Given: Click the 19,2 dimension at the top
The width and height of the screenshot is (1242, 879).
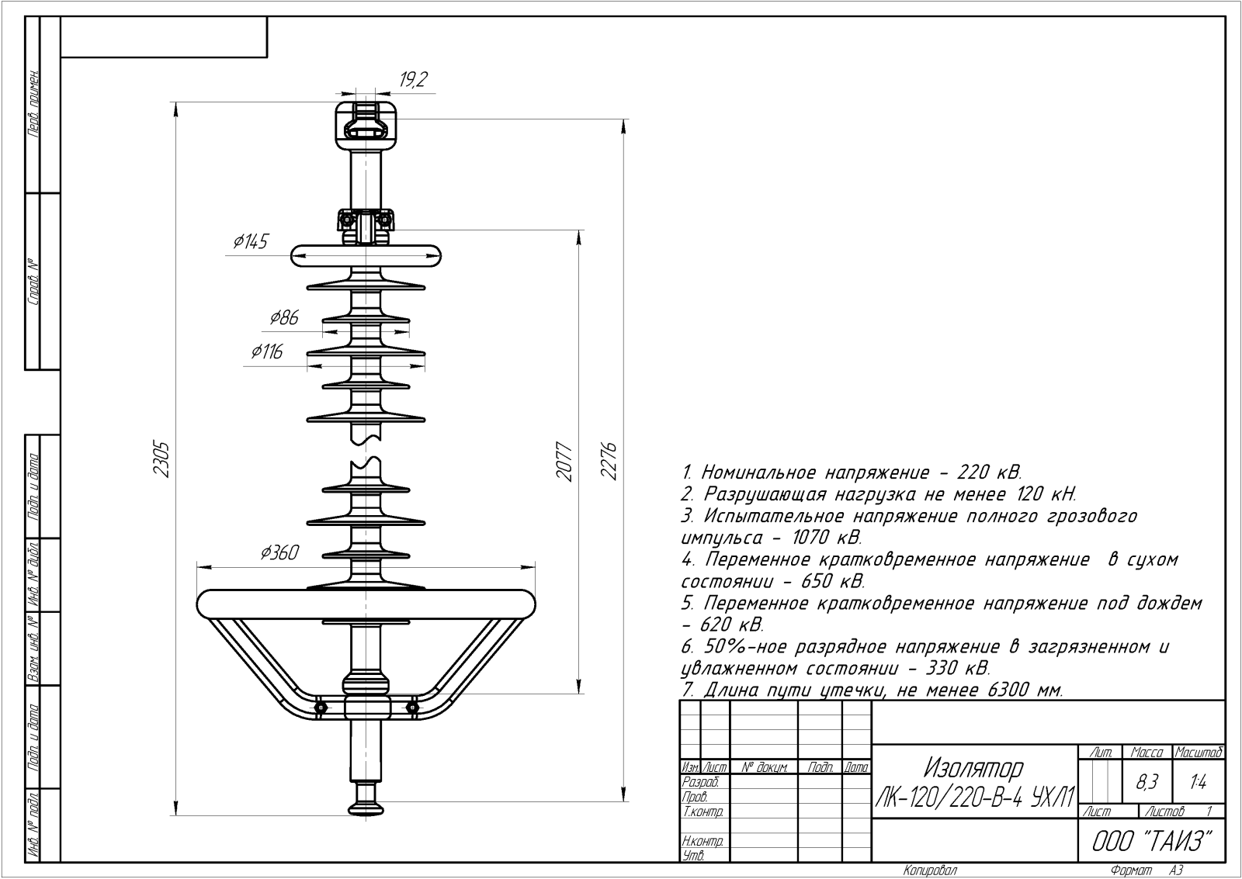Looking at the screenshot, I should pyautogui.click(x=414, y=80).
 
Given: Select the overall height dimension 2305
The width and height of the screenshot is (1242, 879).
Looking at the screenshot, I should pyautogui.click(x=161, y=459).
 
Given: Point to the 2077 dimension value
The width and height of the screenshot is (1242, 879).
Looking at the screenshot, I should pyautogui.click(x=564, y=462).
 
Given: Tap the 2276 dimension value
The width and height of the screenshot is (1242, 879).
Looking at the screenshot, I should pyautogui.click(x=609, y=461).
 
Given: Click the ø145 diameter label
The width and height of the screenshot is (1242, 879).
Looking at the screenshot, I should pyautogui.click(x=250, y=242).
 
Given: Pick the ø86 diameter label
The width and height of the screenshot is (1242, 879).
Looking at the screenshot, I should pyautogui.click(x=284, y=317).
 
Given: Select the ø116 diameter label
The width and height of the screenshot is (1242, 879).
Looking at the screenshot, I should pyautogui.click(x=267, y=352).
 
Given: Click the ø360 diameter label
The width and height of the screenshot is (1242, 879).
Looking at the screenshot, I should pyautogui.click(x=279, y=552).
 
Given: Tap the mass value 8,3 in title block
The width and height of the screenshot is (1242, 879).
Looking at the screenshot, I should pyautogui.click(x=1147, y=783).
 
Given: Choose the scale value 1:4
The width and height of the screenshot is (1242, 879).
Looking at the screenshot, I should pyautogui.click(x=1198, y=783).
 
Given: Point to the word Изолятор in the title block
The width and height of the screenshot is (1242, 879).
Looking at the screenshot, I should pyautogui.click(x=973, y=769).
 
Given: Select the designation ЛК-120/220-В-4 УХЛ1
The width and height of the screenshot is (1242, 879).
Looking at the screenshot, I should pyautogui.click(x=975, y=796).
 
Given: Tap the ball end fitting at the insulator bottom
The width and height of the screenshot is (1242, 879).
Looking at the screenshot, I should pyautogui.click(x=366, y=804).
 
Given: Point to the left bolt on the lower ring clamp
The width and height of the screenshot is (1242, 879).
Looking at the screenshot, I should pyautogui.click(x=320, y=707).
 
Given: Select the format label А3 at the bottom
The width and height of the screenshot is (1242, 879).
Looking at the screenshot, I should pyautogui.click(x=1176, y=870).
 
